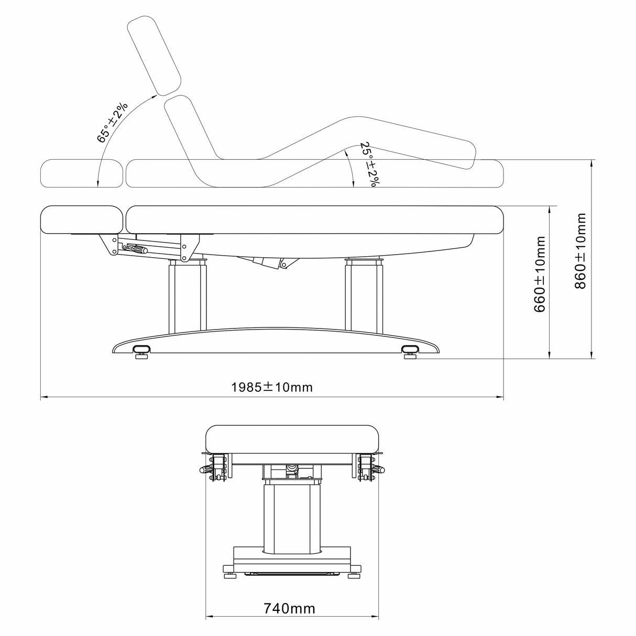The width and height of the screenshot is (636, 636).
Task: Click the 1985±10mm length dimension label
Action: [271, 387]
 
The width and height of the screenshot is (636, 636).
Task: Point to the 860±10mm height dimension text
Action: [580, 251]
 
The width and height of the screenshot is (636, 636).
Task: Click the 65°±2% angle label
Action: [112, 122]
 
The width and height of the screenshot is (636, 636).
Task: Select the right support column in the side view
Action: [365, 294]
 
